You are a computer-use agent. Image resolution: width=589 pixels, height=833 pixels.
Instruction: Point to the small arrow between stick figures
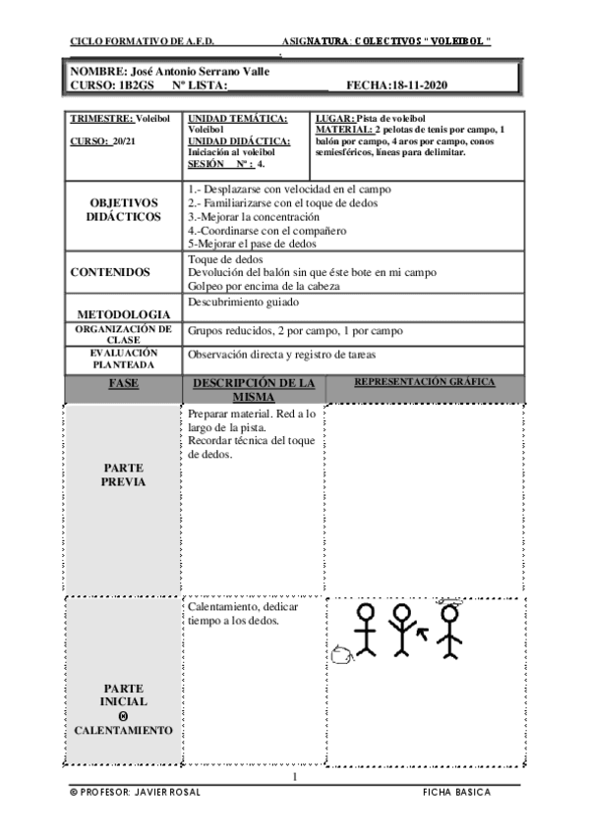[423, 636]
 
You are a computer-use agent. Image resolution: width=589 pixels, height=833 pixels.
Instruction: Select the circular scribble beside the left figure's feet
[341, 653]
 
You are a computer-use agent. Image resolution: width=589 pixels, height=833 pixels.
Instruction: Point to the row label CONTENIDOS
[110, 272]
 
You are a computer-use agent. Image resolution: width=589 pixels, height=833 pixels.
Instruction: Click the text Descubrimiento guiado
[245, 303]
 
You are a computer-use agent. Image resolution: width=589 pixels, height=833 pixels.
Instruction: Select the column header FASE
[123, 382]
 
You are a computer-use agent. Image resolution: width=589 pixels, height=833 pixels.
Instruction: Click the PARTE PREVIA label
[123, 475]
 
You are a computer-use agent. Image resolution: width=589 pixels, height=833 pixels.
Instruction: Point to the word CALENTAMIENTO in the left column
[124, 731]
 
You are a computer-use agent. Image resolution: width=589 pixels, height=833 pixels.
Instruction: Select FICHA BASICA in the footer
[456, 792]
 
